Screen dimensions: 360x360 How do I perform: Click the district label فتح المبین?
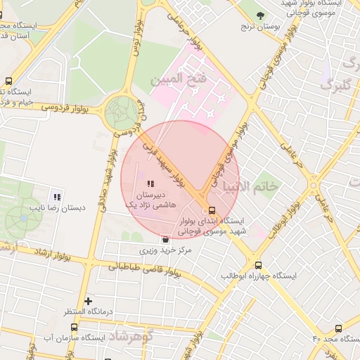pos(179,79)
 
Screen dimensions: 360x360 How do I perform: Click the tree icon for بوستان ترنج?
pos(260,15)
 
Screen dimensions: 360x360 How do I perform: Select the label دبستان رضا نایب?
pos(57,208)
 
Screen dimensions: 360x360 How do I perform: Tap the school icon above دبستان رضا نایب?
pos(57,197)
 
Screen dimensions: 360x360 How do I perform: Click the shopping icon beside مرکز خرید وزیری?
pos(164,239)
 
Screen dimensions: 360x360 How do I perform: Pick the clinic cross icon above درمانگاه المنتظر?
pos(88,301)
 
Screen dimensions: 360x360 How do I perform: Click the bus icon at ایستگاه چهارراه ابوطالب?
pos(259,265)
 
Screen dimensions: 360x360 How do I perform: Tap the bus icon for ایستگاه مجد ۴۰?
pos(338,328)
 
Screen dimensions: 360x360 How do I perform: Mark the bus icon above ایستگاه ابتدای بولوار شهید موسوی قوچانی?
pos(212,210)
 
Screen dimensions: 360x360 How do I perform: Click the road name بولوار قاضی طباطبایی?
pos(146,266)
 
